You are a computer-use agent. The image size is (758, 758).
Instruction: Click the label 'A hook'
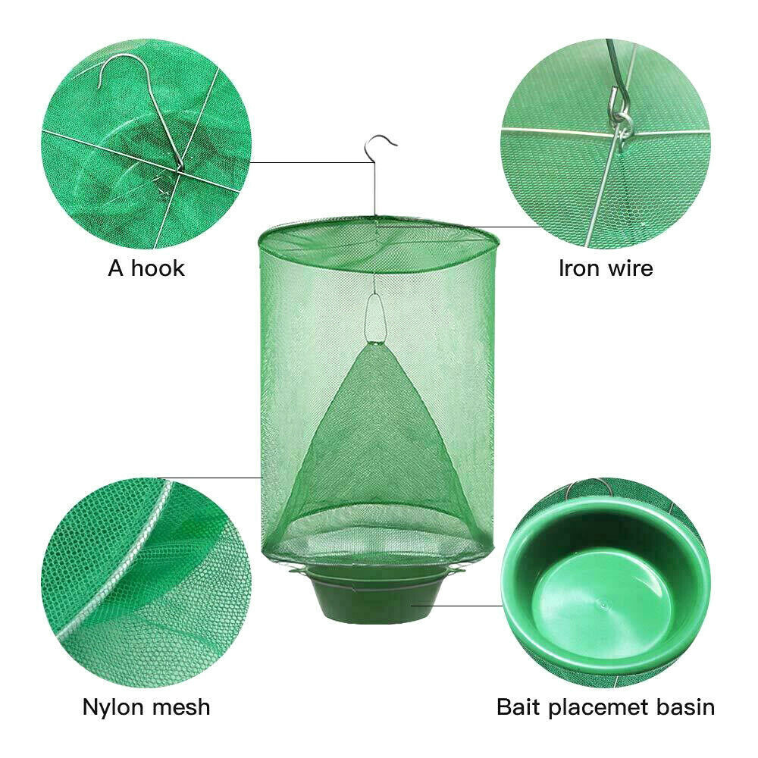[x=146, y=268]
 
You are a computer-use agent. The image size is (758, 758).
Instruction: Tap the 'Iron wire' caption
[x=606, y=268]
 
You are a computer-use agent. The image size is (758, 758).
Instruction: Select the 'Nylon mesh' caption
[x=146, y=707]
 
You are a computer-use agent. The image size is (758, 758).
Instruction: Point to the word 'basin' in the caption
[x=684, y=707]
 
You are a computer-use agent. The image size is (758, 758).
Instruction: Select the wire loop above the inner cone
[x=374, y=316]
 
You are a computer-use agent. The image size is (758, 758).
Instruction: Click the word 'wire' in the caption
[x=631, y=268]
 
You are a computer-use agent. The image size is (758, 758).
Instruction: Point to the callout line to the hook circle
[x=311, y=162]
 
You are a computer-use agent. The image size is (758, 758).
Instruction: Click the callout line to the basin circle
[x=455, y=605]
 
